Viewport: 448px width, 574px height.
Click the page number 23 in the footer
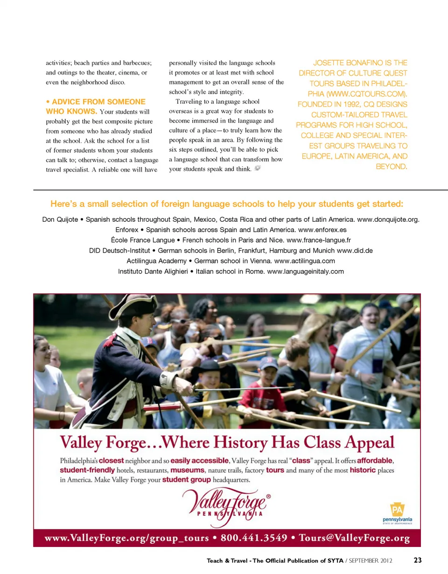coord(418,560)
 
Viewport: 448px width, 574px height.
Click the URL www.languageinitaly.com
coord(305,271)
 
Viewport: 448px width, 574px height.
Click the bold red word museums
coord(189,470)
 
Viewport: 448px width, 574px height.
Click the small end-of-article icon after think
coord(258,169)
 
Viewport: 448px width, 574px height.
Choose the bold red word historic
coord(363,470)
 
